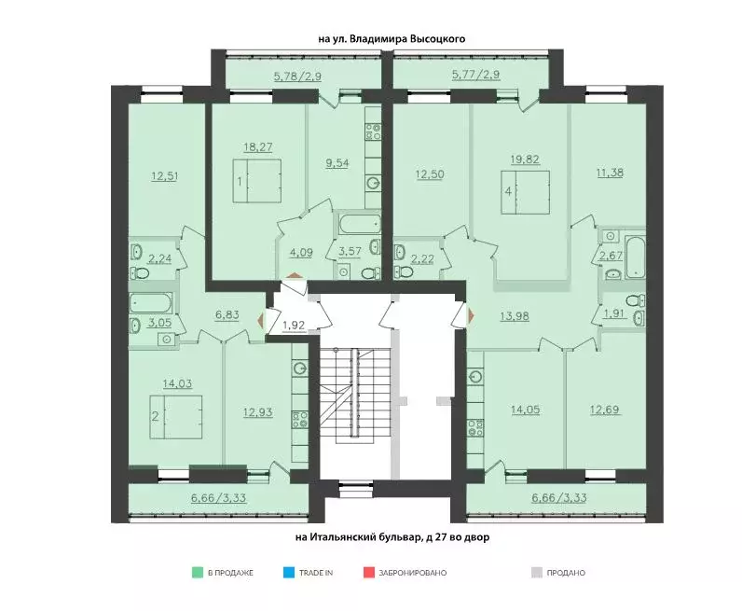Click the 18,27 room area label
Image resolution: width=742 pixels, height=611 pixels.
click(x=258, y=147)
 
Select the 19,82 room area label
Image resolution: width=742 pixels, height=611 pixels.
click(x=525, y=160)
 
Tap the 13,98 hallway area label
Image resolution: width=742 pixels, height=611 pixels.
click(x=515, y=316)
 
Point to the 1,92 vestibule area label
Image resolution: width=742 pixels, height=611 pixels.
click(x=294, y=326)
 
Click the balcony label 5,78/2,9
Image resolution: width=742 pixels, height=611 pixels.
click(x=297, y=76)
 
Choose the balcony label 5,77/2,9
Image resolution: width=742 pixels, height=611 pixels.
click(x=476, y=75)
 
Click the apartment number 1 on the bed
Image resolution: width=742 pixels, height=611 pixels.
click(x=240, y=182)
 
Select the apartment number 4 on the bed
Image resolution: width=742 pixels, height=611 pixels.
click(x=508, y=192)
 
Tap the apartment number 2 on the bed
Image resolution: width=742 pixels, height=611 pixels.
click(x=156, y=416)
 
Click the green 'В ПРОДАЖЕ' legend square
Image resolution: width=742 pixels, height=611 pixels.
click(x=198, y=572)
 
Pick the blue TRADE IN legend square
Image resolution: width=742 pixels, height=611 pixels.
click(x=289, y=572)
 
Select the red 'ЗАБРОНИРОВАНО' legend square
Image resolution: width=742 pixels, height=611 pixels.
click(x=369, y=572)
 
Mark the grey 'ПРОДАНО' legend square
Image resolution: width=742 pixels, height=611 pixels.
click(x=536, y=572)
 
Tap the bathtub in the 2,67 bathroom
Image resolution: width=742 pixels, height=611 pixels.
click(x=635, y=257)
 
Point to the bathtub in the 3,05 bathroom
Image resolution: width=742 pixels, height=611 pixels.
click(x=151, y=303)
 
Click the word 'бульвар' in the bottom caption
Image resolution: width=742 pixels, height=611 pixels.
click(x=399, y=537)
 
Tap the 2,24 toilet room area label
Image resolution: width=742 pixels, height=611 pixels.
click(x=160, y=258)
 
